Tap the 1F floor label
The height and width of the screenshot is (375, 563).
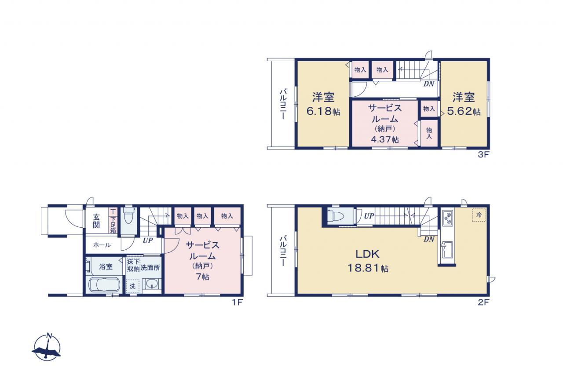(237, 302)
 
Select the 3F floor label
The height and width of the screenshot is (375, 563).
(483, 155)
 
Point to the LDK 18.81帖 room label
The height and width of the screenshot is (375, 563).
(368, 262)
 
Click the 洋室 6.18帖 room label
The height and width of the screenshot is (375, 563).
(323, 104)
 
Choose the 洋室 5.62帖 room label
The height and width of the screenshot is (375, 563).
(464, 104)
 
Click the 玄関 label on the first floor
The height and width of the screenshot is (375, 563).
(96, 221)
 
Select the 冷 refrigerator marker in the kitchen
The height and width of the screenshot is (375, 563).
(479, 215)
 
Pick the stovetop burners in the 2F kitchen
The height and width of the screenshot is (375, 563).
(448, 218)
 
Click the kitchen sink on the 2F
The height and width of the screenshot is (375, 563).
(447, 250)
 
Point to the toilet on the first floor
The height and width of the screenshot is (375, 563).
(128, 216)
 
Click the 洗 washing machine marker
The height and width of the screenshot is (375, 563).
(132, 286)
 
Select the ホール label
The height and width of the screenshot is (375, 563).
(102, 245)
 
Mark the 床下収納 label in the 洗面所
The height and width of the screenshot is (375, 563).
(133, 265)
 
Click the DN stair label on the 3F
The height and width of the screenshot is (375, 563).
(429, 84)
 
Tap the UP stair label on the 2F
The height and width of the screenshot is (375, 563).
(369, 216)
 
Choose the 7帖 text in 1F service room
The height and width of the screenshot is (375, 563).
(203, 277)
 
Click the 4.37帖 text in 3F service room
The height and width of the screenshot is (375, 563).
(385, 139)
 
